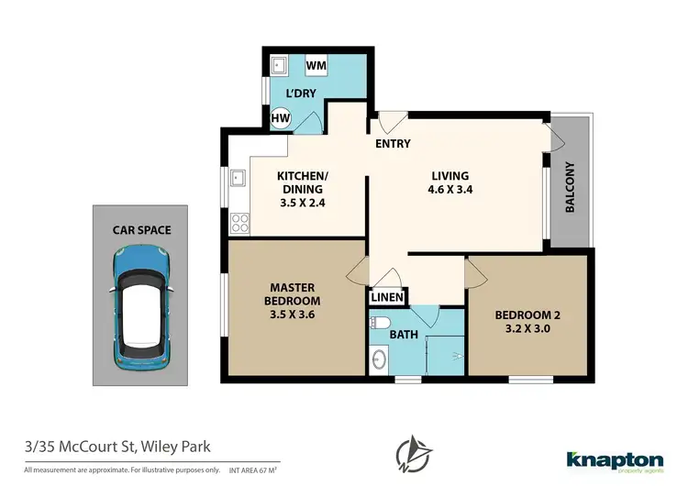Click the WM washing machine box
tap(316, 66)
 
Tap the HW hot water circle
tap(281, 117)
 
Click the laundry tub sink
tap(279, 66)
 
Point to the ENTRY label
tap(392, 144)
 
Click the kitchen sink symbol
tap(237, 177)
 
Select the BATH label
tap(405, 335)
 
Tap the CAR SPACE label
tap(141, 230)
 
